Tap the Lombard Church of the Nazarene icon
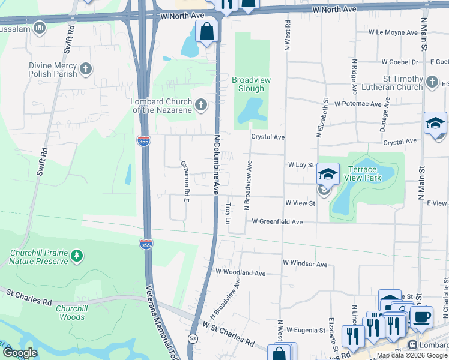coord(201,106)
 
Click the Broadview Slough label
coord(248,84)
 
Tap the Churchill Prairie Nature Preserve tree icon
coord(76,257)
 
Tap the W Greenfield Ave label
coord(277,221)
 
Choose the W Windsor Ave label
coord(305,263)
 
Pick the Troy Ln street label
coord(228,213)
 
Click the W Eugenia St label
coord(306,329)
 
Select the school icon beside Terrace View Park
coord(328,173)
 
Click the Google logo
coord(20,353)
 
